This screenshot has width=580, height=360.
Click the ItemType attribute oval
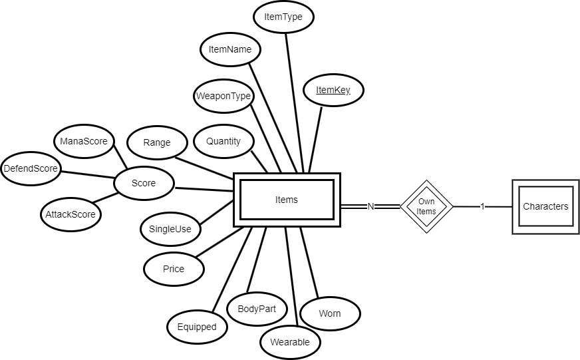(284, 17)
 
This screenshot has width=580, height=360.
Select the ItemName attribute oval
(230, 50)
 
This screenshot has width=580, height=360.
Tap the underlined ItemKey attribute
(333, 90)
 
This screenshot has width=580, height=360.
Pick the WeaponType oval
(223, 96)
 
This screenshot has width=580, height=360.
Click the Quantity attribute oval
(223, 141)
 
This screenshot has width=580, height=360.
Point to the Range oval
(157, 142)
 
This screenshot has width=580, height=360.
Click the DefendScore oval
(31, 169)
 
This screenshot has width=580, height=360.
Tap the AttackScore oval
(71, 215)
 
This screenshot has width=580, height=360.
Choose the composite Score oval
(144, 183)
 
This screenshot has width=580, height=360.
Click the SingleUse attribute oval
(170, 230)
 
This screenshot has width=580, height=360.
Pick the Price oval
(174, 269)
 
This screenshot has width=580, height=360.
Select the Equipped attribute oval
(197, 327)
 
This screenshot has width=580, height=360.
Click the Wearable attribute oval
(290, 343)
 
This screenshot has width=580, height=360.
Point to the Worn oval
(330, 313)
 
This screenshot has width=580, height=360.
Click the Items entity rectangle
(287, 200)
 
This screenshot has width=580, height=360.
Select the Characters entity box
(545, 206)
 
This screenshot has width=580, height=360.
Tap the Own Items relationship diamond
(426, 206)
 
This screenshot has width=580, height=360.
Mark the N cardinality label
(371, 206)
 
